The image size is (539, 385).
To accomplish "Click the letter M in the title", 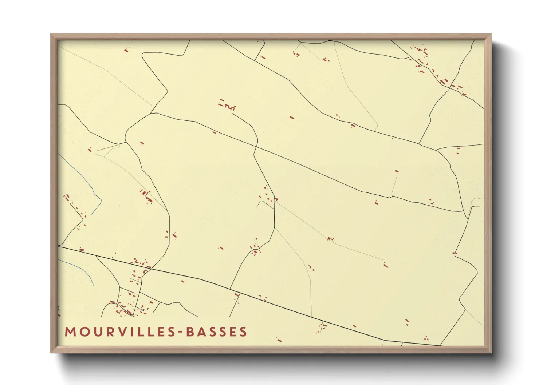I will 70,332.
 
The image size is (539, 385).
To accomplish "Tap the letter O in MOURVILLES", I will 83,332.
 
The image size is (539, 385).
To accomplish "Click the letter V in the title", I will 119,332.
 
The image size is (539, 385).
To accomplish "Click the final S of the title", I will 244,332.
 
